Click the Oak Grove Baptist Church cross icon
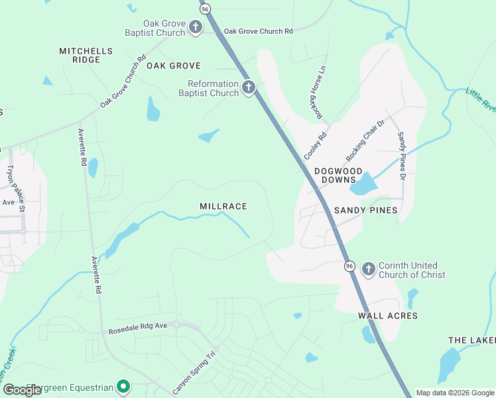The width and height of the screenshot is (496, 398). (196, 27)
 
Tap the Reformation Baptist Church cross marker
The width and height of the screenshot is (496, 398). (249, 88)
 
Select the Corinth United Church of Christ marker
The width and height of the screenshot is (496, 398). (369, 269)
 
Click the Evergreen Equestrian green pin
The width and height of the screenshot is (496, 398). (123, 386)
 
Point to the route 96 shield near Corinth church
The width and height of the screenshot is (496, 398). (349, 266)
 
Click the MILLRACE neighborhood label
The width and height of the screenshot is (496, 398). (223, 207)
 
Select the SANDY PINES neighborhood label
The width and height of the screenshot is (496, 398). (365, 210)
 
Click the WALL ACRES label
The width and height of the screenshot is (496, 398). (388, 316)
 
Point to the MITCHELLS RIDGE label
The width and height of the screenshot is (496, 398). (86, 55)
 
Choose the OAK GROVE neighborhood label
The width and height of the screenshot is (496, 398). (174, 66)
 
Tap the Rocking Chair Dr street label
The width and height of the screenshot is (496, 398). (365, 141)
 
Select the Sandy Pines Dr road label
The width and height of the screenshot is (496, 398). (401, 157)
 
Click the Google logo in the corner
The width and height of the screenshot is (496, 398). (23, 390)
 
